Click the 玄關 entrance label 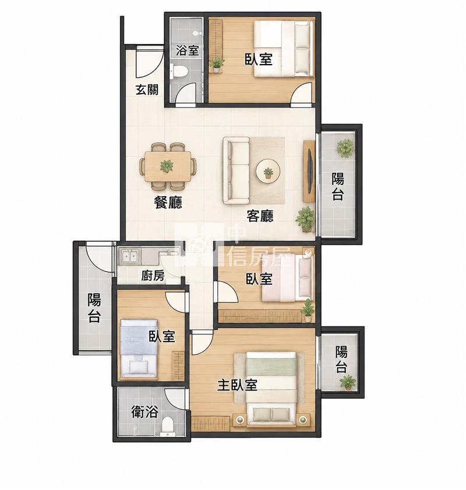pyautogui.click(x=147, y=90)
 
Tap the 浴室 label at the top pyautogui.click(x=188, y=50)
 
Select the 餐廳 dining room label pyautogui.click(x=168, y=203)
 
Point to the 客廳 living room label pyautogui.click(x=260, y=216)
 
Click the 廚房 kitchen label pyautogui.click(x=153, y=276)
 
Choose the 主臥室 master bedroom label pyautogui.click(x=238, y=385)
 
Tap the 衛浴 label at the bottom pyautogui.click(x=144, y=412)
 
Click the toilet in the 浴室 pyautogui.click(x=179, y=71)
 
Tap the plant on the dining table pyautogui.click(x=167, y=166)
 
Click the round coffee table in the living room pyautogui.click(x=268, y=172)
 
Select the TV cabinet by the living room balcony pyautogui.click(x=309, y=171)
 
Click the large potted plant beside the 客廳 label pyautogui.click(x=305, y=219)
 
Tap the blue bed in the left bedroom pyautogui.click(x=139, y=348)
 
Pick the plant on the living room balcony pyautogui.click(x=345, y=148)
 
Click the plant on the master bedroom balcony pyautogui.click(x=348, y=383)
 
